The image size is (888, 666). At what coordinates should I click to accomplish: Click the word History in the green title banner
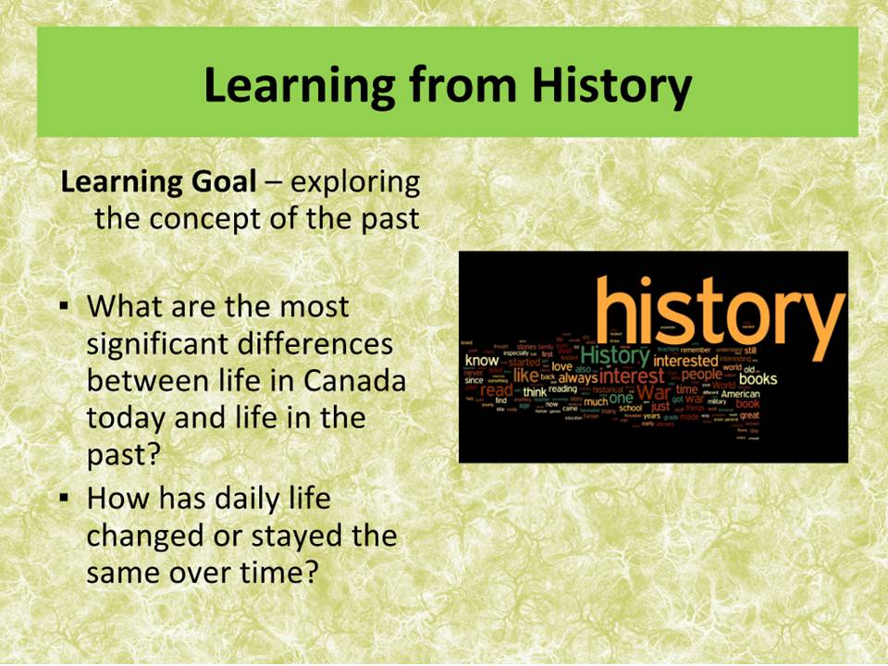610,85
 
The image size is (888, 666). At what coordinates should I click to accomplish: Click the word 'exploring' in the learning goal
355,182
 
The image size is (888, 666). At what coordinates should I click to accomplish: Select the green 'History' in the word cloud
614,354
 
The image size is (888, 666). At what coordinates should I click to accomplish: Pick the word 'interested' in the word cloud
685,361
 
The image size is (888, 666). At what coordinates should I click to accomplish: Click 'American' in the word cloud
740,394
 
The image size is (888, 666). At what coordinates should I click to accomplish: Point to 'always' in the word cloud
577,378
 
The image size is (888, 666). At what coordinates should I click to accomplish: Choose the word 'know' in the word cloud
481,360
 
